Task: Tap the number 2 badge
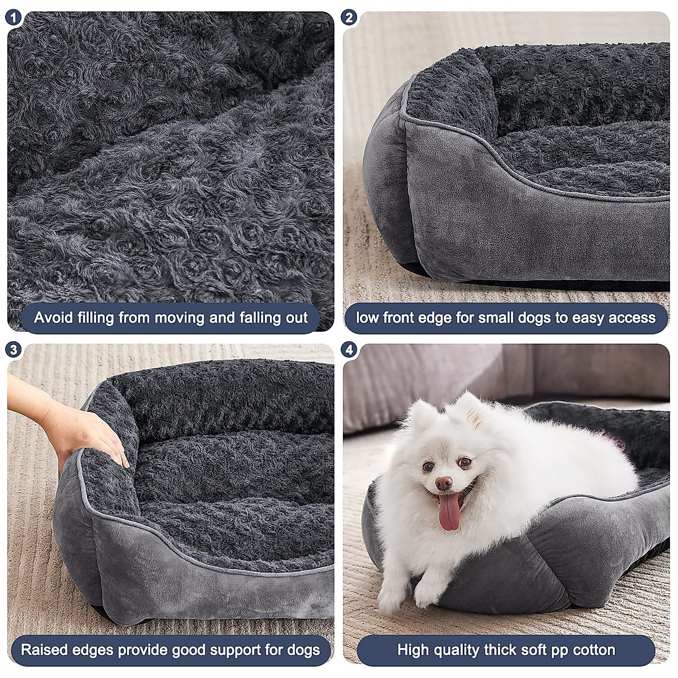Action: click(349, 18)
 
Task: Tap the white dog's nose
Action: click(444, 483)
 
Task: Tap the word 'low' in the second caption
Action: click(367, 318)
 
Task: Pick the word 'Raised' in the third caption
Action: click(45, 650)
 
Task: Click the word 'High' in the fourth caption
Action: click(414, 650)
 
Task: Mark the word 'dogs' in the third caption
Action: click(303, 650)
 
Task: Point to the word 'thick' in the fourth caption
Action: click(499, 650)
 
